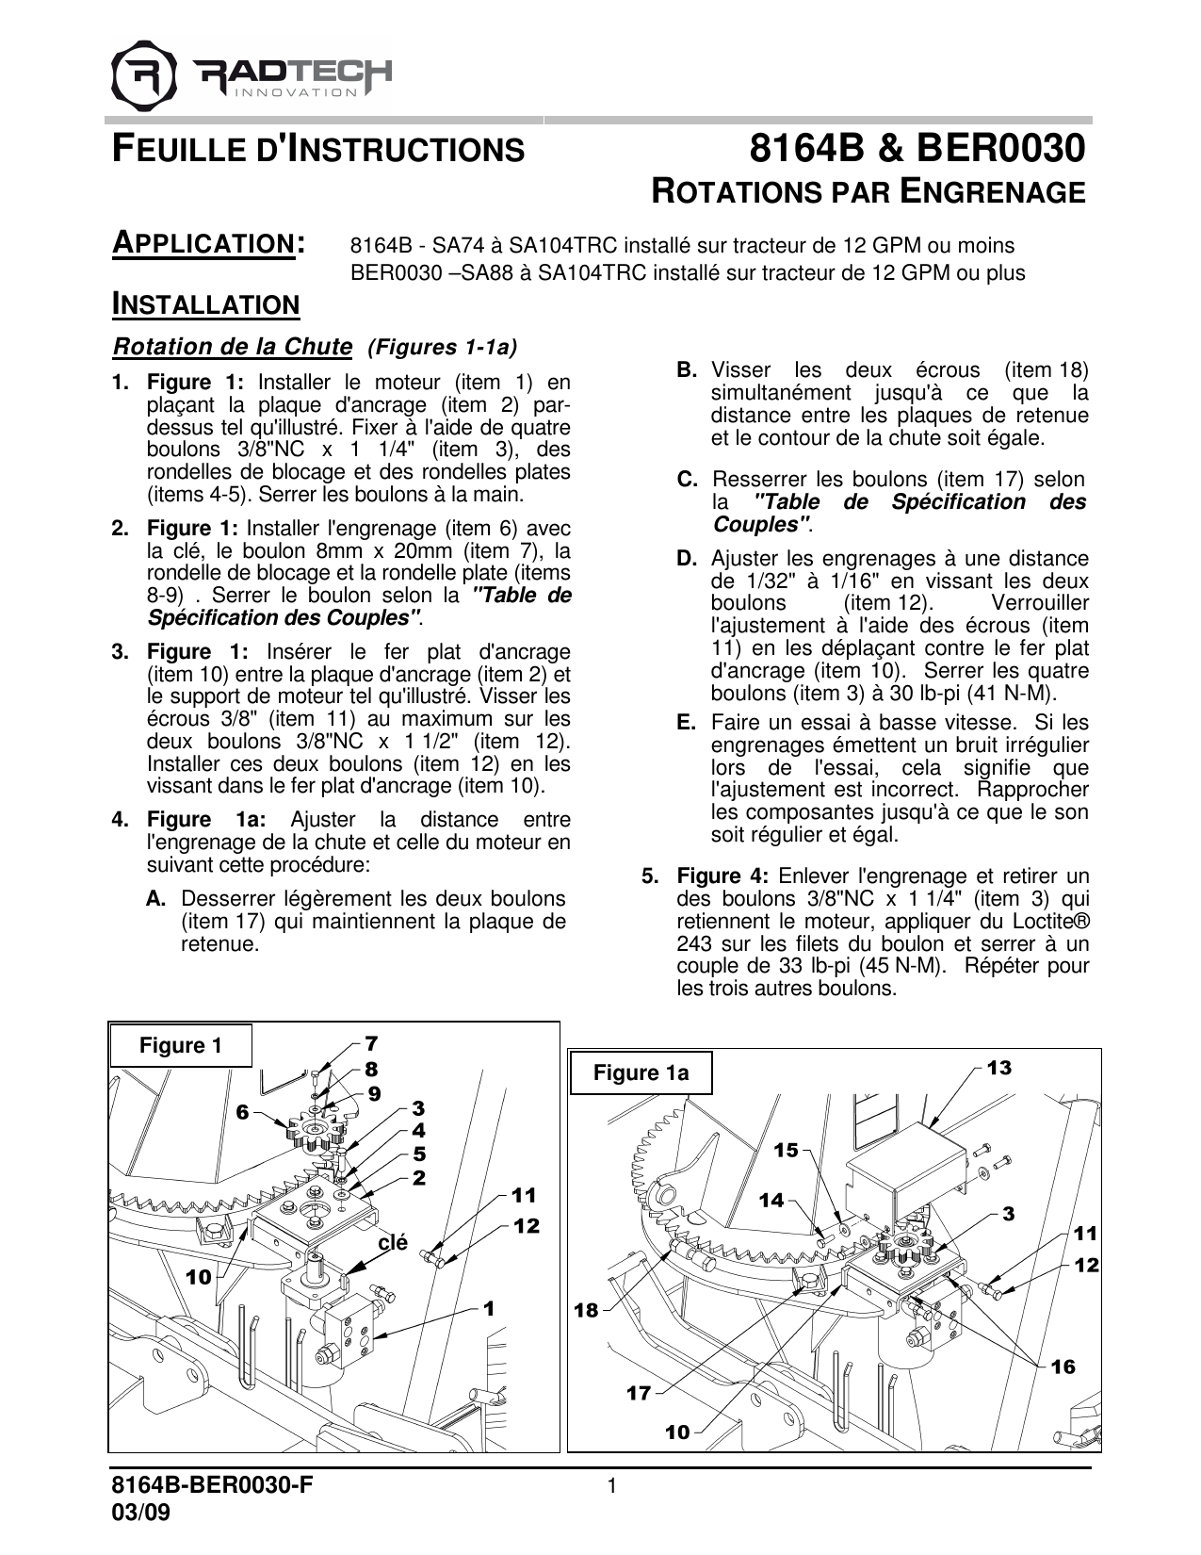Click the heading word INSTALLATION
pos(205,304)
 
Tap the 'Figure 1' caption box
pos(181,1045)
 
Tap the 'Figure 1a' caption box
pos(641,1072)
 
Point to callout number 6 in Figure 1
pos(243,1113)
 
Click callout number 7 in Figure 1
pos(371,1043)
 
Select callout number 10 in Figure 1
pos(199,1277)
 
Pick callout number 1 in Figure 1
pos(489,1308)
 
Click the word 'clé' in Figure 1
pos(392,1243)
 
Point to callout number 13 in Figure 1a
pos(998,1068)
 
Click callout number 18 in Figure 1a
pos(586,1310)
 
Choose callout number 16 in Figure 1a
pos(1063,1367)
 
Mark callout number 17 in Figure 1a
pos(639,1393)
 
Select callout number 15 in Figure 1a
pos(786,1150)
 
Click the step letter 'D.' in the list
pos(687,558)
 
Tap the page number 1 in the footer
pos(612,1487)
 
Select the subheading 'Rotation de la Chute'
pos(233,347)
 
